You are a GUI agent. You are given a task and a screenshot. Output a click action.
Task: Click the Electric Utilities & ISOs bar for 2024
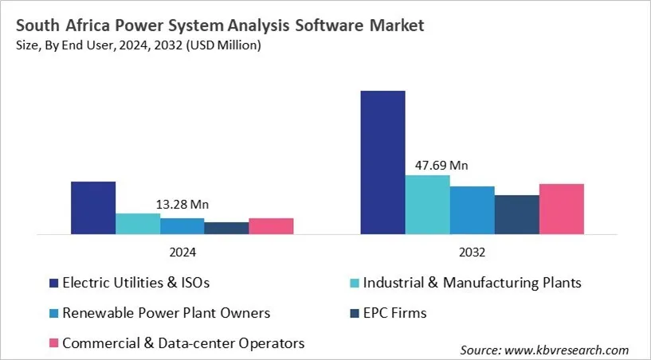[93, 208]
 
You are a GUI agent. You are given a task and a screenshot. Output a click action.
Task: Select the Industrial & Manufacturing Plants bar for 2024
[138, 224]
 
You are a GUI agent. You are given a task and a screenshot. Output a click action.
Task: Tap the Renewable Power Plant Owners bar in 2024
[182, 226]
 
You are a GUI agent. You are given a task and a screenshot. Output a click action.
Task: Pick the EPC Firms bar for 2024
[226, 229]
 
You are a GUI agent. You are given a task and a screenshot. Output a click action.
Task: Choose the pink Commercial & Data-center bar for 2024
[271, 226]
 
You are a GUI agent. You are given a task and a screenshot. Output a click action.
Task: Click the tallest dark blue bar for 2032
[382, 162]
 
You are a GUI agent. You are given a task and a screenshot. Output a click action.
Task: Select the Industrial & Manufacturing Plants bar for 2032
[427, 205]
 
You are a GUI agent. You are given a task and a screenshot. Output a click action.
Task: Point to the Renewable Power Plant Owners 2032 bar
[472, 210]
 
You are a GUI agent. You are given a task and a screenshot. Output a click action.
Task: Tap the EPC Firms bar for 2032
[516, 215]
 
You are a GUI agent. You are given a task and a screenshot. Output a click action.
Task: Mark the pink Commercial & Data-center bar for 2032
[561, 209]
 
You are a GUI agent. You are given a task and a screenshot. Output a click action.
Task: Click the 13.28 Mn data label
[182, 205]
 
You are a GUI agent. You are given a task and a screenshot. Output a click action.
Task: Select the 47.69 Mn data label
[441, 166]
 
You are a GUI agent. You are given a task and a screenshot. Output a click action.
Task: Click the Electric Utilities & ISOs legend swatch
[53, 283]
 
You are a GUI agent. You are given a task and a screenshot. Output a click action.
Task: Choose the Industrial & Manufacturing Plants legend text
[472, 283]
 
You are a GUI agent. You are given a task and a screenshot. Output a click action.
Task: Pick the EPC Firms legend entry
[395, 313]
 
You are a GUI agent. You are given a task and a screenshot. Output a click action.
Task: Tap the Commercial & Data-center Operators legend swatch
[53, 343]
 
